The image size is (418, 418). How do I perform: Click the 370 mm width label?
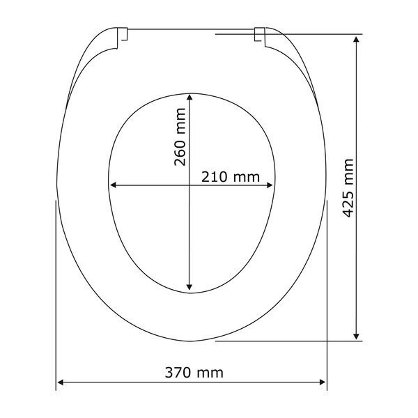194,373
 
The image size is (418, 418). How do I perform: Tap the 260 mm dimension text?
180,137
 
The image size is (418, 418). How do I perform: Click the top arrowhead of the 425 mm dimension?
357,38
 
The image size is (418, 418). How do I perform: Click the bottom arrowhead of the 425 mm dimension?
357,336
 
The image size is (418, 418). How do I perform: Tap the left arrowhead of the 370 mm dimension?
61,382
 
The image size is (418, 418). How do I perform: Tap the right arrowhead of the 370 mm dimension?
323,382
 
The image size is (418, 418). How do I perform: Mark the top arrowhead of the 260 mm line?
190,98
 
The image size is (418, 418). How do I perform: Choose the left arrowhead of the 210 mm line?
114,185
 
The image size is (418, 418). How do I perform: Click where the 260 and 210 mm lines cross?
190,185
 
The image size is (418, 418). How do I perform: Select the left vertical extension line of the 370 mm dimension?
56,293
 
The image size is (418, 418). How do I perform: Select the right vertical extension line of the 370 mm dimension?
327,293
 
